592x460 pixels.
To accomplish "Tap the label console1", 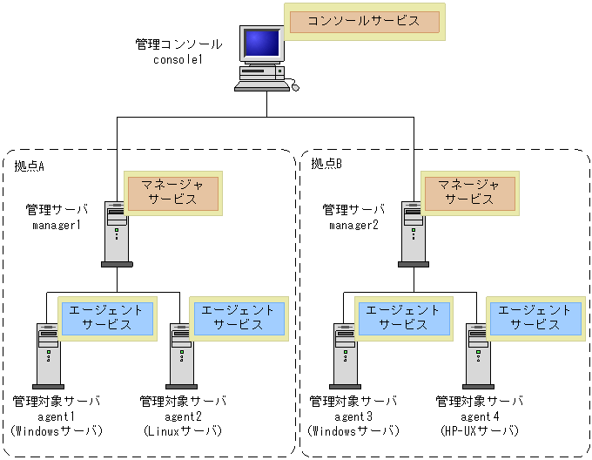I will tap(178, 59).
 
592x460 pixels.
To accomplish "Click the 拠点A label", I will tap(30, 164).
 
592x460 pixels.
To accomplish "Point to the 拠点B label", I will tap(326, 164).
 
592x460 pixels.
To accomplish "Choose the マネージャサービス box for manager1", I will tap(173, 193).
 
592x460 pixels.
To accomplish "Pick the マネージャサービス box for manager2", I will tap(470, 193).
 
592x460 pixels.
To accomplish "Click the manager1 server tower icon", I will tap(117, 233).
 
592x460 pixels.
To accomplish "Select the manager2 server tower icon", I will tap(414, 233).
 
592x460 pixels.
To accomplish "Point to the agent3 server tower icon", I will tap(345, 355).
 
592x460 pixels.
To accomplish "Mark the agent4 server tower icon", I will tap(478, 355).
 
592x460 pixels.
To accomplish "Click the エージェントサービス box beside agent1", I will tap(106, 317).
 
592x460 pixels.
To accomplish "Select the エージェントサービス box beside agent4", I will tap(535, 317).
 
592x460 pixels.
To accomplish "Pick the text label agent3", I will tap(353, 416).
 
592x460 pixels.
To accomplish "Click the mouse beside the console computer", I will tap(295, 86).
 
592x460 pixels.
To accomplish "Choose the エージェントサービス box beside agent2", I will tap(239, 317).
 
